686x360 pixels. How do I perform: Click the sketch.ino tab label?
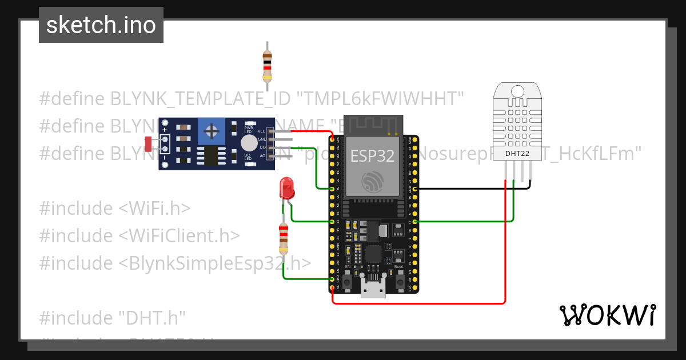pyautogui.click(x=101, y=25)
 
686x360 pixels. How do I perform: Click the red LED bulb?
pyautogui.click(x=286, y=187)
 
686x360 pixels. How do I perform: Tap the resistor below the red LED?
pyautogui.click(x=283, y=238)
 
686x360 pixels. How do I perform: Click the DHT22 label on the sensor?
pyautogui.click(x=517, y=153)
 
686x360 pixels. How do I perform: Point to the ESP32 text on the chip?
pyautogui.click(x=372, y=155)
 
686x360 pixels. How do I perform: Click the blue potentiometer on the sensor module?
pyautogui.click(x=212, y=132)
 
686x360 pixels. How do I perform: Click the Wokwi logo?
pyautogui.click(x=607, y=315)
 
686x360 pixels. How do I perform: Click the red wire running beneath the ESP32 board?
pyautogui.click(x=417, y=303)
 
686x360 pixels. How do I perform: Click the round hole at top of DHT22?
pyautogui.click(x=517, y=91)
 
